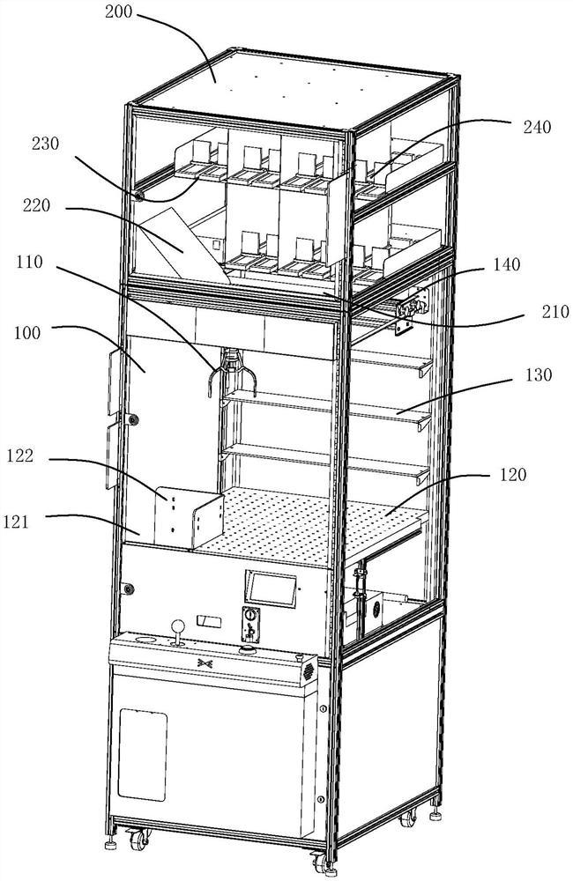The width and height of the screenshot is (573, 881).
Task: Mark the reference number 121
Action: pos(28,522)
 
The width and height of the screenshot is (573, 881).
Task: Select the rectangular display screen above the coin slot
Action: pos(270,587)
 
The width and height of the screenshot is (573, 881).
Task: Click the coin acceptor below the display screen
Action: pos(251,624)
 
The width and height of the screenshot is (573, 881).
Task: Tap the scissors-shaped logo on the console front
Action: pos(205,662)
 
